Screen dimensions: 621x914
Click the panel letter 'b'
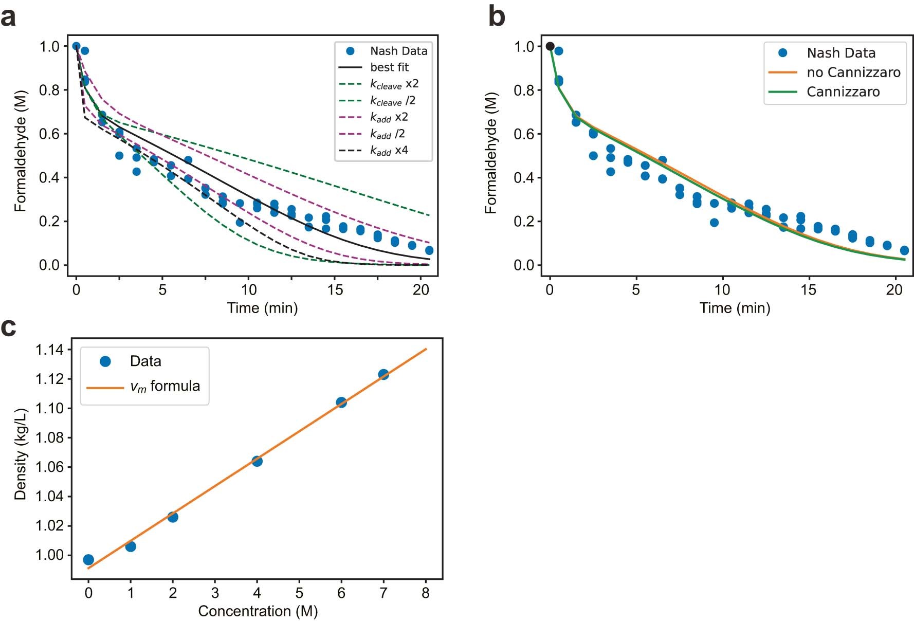tap(496, 16)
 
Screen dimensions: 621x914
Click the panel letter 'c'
tap(8, 327)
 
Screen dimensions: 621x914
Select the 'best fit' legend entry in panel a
tap(389, 67)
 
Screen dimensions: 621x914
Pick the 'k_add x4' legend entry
tap(389, 151)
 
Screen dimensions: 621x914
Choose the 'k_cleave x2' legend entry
tap(394, 84)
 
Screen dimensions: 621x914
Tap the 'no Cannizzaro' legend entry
tap(853, 72)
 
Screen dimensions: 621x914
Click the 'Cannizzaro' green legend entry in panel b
tap(843, 92)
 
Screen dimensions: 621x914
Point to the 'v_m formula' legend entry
tap(164, 386)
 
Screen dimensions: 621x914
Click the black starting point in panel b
tap(550, 46)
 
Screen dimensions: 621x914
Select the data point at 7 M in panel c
tap(383, 374)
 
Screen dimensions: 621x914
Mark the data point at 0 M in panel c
tap(88, 560)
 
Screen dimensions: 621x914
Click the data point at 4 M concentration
tap(257, 461)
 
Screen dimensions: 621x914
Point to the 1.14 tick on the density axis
tap(49, 350)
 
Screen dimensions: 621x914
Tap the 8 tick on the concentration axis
tap(425, 593)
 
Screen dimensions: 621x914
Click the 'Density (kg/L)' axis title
tap(20, 454)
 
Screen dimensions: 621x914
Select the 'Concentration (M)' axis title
tap(258, 611)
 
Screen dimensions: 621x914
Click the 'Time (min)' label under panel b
tap(735, 308)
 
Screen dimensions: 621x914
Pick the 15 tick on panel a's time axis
tap(335, 290)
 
